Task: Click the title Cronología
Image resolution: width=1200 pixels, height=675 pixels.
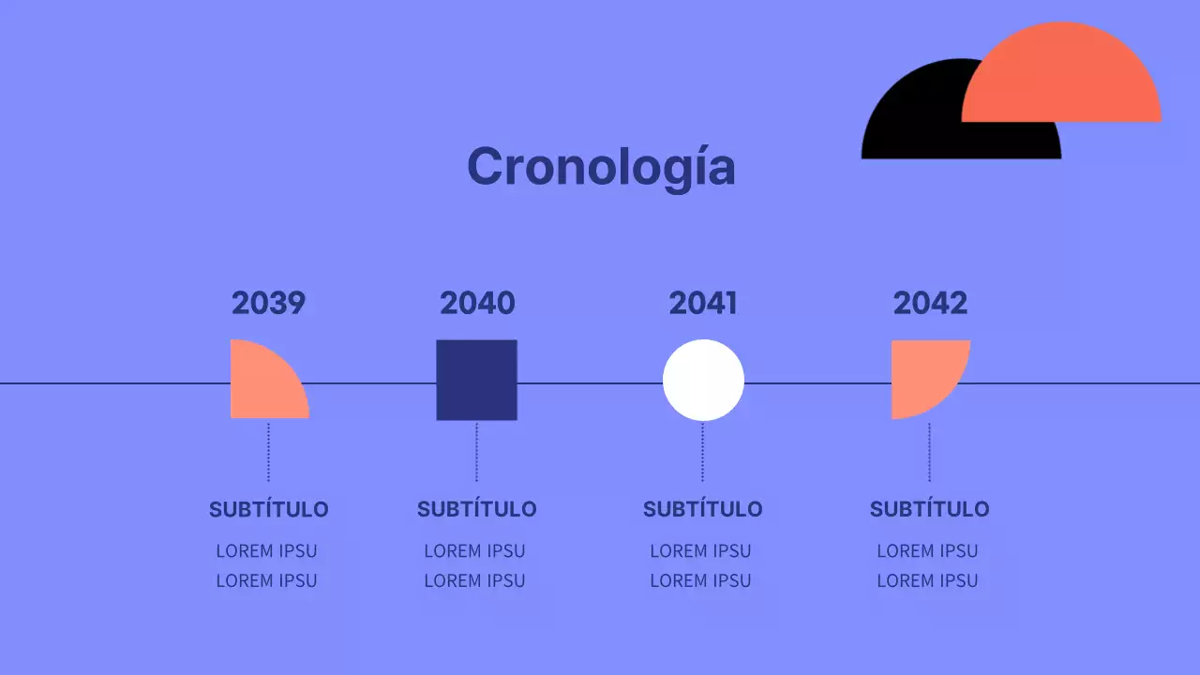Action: tap(601, 167)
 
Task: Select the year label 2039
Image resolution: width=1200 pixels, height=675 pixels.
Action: tap(268, 303)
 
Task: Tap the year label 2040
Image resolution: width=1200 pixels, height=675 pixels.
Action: tap(477, 303)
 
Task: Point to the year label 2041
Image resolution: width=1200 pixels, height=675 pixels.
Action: tap(703, 303)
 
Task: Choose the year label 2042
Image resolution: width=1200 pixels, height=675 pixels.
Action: tap(930, 303)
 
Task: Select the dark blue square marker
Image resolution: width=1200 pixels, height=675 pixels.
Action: tap(476, 380)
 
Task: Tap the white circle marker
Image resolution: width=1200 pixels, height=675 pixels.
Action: tap(703, 380)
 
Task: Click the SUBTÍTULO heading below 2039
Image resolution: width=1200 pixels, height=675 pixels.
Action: tap(268, 509)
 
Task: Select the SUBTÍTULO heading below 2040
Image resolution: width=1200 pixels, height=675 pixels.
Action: tap(476, 509)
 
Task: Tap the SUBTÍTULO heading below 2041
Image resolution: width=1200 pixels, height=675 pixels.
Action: tap(702, 509)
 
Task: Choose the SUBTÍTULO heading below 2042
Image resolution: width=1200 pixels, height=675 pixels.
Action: tap(929, 509)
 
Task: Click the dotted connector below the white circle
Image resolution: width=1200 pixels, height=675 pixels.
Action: tap(702, 452)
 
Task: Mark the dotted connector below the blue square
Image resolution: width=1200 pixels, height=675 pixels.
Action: tap(476, 452)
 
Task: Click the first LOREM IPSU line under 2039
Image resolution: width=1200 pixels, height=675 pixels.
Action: tap(266, 550)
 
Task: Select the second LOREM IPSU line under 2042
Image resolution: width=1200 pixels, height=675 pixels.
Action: tap(927, 580)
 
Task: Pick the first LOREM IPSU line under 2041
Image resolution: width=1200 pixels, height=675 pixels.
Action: tap(700, 550)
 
